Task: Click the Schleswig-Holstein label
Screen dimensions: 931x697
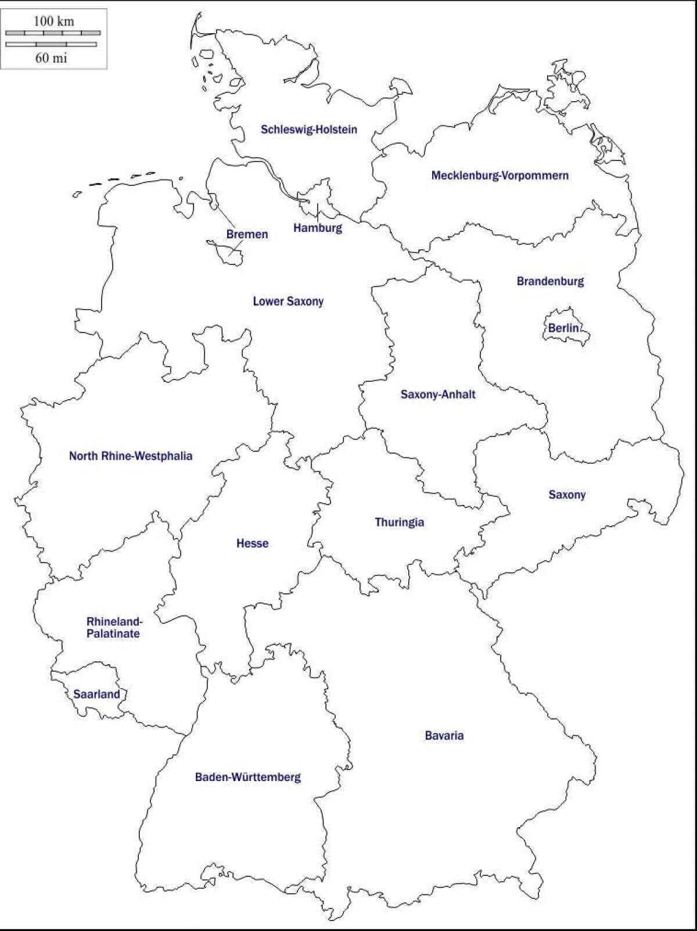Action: point(308,130)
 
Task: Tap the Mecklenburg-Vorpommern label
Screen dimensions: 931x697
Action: point(500,176)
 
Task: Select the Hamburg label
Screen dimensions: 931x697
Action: point(317,228)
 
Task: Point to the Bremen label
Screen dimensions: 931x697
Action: point(247,234)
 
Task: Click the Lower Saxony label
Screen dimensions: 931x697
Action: point(288,301)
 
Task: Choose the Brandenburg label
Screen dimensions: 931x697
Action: point(550,281)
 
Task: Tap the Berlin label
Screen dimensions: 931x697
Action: point(563,328)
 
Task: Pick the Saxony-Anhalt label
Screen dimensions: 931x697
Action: point(438,395)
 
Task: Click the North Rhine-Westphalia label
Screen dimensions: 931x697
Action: point(131,456)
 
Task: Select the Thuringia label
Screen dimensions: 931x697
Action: point(400,522)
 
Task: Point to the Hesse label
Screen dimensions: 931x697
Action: point(252,543)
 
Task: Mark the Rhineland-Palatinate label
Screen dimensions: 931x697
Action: point(114,628)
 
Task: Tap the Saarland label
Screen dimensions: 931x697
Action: point(96,694)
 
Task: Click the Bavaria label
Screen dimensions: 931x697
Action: point(444,736)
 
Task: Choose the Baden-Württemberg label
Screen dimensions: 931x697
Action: point(248,777)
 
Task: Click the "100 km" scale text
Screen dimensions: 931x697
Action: point(53,22)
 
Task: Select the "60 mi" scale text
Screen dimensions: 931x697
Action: point(51,58)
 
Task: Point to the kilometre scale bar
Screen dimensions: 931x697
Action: point(53,33)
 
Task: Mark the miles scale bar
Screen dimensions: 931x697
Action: point(51,44)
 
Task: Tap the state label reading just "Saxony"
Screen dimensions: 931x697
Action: point(567,495)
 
